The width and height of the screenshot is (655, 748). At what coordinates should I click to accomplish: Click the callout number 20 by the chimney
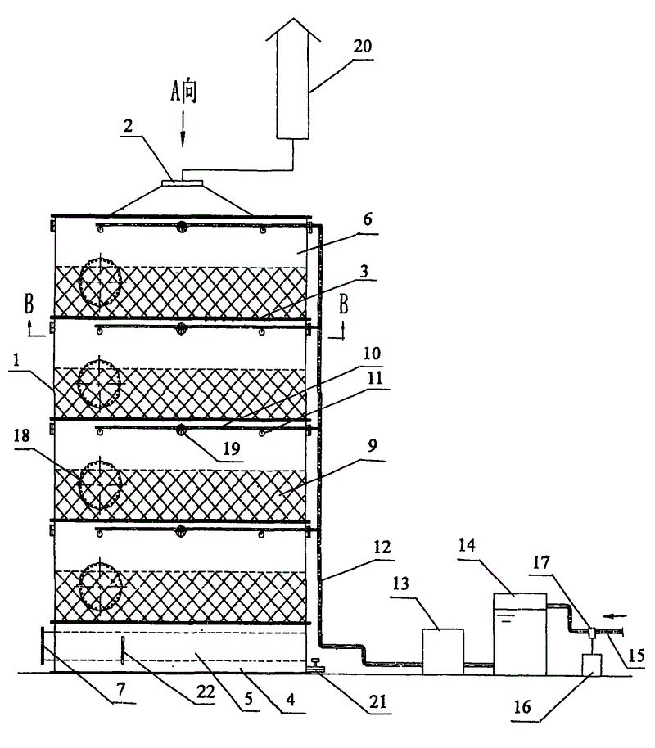click(363, 47)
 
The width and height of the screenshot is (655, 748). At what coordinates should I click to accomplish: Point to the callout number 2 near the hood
click(128, 125)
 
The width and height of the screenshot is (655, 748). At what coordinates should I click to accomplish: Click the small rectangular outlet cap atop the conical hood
click(183, 182)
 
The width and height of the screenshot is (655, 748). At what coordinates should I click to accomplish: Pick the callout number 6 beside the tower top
click(368, 219)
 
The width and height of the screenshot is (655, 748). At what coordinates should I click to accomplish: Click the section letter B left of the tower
click(29, 304)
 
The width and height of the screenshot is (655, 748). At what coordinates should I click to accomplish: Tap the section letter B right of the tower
click(343, 304)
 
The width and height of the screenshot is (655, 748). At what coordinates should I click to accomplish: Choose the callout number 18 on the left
click(22, 435)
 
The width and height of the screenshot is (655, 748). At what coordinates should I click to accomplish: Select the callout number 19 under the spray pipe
click(232, 448)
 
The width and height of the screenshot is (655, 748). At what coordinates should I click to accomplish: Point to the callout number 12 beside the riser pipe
click(382, 547)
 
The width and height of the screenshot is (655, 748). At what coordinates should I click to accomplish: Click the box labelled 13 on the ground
click(443, 651)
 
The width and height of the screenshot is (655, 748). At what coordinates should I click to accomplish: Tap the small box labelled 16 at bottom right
click(591, 665)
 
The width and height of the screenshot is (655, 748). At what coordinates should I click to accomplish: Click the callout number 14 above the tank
click(467, 545)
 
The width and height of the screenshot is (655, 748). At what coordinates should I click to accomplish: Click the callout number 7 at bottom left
click(121, 689)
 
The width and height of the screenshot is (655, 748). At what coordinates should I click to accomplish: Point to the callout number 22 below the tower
click(206, 692)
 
